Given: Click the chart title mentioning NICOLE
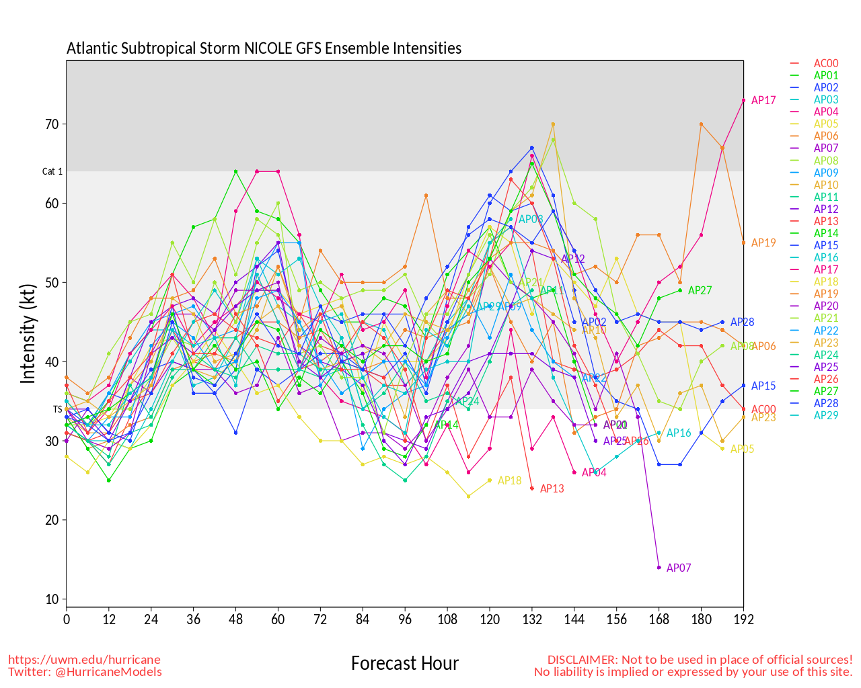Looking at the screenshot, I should (264, 48).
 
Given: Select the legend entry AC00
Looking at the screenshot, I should (826, 64).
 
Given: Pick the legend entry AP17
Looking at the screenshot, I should (826, 270).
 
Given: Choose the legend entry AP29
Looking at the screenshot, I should (826, 416).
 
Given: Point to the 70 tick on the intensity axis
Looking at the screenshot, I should (52, 124).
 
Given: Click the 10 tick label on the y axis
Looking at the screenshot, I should (52, 599).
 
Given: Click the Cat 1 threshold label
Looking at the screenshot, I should (52, 172).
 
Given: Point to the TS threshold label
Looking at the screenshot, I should (57, 409).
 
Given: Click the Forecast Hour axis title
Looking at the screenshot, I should (405, 664).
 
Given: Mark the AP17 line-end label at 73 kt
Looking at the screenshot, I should (763, 101).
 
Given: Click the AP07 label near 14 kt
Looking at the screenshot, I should (679, 568).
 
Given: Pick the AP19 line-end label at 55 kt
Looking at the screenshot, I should (763, 243).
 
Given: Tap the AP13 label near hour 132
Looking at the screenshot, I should (552, 489).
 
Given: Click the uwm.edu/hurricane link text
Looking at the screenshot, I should (85, 660).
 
